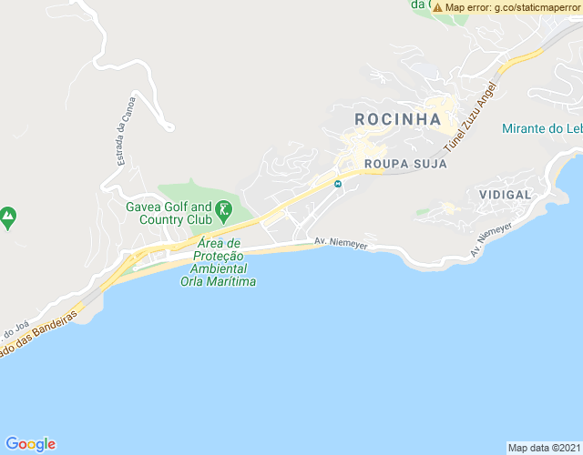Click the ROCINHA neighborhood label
[397, 119]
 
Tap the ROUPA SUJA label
[405, 165]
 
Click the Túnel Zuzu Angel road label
[470, 117]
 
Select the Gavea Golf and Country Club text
[169, 213]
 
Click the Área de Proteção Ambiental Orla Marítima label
[218, 263]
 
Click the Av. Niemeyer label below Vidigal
[493, 238]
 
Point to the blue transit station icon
[338, 184]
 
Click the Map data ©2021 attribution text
[544, 448]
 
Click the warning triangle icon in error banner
[438, 7]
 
